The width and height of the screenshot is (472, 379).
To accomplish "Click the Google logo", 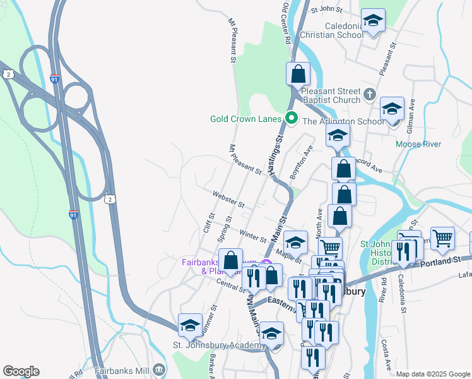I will click(21, 371).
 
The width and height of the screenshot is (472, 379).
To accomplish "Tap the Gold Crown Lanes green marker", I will click(292, 118).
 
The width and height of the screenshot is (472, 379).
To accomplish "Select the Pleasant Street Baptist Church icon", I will click(370, 95).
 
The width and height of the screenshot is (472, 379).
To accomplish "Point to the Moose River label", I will click(418, 144).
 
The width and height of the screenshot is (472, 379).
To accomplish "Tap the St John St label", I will click(325, 9).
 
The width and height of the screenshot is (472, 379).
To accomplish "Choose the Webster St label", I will click(228, 200).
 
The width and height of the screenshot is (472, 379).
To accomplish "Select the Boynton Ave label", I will click(301, 163).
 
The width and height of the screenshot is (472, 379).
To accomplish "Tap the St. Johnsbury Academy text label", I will click(219, 346).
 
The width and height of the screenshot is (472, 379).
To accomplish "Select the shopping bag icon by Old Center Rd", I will click(298, 74).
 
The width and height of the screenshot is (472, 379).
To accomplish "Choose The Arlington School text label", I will click(343, 122).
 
